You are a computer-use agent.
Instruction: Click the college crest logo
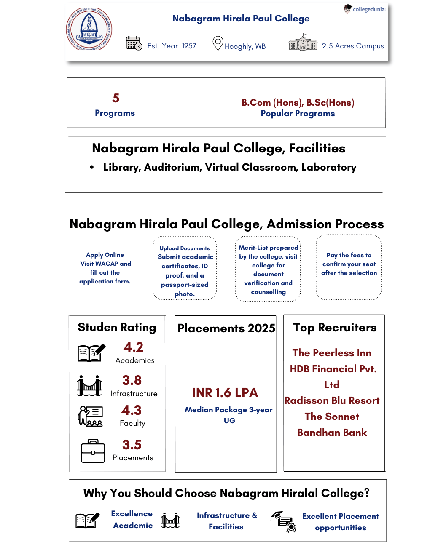point(89,29)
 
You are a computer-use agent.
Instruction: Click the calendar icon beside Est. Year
point(134,43)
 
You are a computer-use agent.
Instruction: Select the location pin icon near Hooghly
point(218,43)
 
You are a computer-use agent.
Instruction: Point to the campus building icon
point(303,43)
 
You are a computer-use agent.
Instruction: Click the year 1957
point(189,46)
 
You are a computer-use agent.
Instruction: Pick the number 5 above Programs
point(116,98)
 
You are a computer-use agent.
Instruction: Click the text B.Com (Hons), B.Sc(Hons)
point(298,103)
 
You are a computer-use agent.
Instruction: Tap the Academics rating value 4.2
point(133,347)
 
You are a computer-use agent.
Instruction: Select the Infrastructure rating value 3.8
point(132,380)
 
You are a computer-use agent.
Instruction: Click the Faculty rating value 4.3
point(132,410)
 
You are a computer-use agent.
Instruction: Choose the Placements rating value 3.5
point(132,445)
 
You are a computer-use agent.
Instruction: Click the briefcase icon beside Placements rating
point(93,451)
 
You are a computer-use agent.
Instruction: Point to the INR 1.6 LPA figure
point(225,393)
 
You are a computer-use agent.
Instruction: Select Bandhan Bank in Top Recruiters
point(332,433)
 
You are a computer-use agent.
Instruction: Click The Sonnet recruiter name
point(332,417)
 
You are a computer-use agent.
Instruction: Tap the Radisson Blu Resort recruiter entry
point(332,400)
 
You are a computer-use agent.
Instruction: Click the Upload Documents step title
point(185,248)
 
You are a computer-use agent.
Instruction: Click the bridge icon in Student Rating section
point(89,386)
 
